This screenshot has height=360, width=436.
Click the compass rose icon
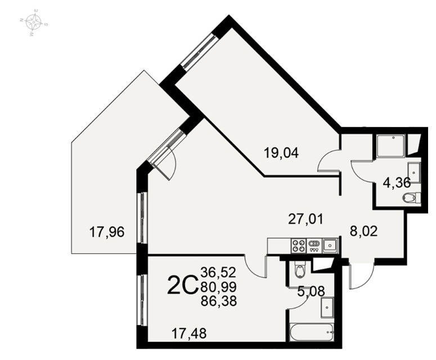tap(34, 22)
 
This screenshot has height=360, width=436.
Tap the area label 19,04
tap(281, 153)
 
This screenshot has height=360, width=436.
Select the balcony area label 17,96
tap(107, 232)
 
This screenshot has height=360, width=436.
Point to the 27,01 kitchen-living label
tap(306, 219)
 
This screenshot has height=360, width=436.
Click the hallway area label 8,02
tap(363, 231)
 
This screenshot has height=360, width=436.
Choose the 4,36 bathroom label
tap(397, 183)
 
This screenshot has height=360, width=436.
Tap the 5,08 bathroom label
tap(311, 291)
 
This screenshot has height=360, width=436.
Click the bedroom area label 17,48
tap(189, 334)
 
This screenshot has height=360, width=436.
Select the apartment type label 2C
tap(182, 286)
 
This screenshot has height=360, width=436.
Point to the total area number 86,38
tap(219, 301)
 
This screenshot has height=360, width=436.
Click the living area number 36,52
tap(218, 272)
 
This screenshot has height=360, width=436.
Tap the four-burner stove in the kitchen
tap(298, 246)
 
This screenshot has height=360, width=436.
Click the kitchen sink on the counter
tap(330, 246)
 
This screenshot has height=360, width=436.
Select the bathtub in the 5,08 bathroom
tap(312, 332)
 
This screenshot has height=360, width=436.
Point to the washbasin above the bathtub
tap(327, 308)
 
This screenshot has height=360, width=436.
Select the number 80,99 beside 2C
tap(219, 286)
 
